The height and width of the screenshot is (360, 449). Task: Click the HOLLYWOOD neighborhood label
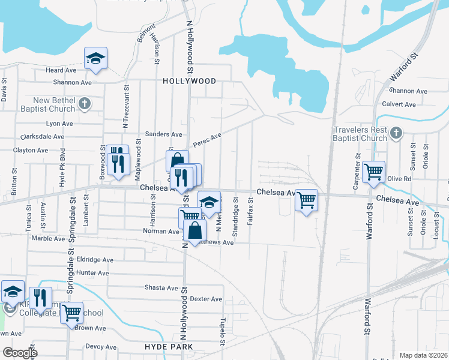(x=189, y=80)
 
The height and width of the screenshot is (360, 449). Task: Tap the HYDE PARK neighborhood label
(x=169, y=347)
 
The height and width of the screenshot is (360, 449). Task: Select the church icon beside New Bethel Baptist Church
(x=85, y=103)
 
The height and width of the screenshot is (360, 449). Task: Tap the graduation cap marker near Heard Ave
(x=95, y=59)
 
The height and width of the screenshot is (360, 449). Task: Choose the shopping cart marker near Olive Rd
(x=373, y=172)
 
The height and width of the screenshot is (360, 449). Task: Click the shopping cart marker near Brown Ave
(x=71, y=312)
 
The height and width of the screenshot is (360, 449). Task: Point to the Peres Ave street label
(x=207, y=141)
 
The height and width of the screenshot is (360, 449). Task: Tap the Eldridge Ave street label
(x=95, y=260)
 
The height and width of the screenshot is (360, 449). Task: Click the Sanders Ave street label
(x=163, y=134)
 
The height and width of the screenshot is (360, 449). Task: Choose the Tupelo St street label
(x=223, y=331)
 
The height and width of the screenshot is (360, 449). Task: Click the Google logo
(x=20, y=353)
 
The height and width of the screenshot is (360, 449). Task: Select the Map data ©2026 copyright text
(x=423, y=355)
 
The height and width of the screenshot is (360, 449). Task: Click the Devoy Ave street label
(x=101, y=347)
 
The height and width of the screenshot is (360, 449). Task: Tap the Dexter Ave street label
(x=206, y=299)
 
